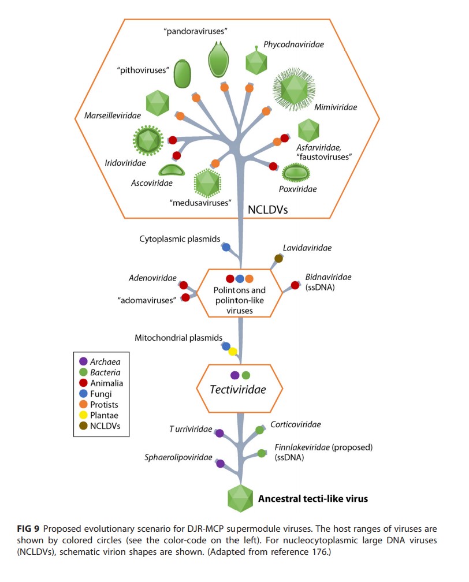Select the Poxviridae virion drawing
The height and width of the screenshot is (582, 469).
(x=297, y=172)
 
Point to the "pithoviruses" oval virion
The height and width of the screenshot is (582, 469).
(x=183, y=73)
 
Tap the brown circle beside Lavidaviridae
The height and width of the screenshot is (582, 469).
(x=278, y=259)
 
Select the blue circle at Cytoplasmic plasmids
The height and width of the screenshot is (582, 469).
(x=226, y=247)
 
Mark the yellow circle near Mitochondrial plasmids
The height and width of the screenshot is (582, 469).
(x=232, y=352)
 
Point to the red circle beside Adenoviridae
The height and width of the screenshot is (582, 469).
(x=184, y=285)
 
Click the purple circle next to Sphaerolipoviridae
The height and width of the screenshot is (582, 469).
(x=219, y=463)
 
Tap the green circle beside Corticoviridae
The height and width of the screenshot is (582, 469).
(x=260, y=430)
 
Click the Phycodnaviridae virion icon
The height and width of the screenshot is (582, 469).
(x=257, y=61)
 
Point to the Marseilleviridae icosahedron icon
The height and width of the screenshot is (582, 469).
(x=158, y=102)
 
